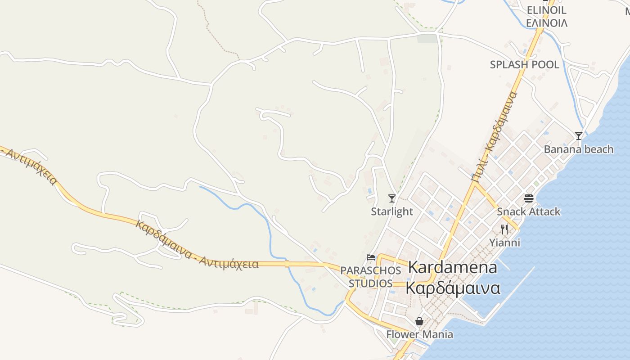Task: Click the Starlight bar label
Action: pyautogui.click(x=391, y=211)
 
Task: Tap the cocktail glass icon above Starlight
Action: pyautogui.click(x=392, y=198)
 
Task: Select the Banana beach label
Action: pyautogui.click(x=578, y=149)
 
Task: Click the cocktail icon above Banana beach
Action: pyautogui.click(x=579, y=135)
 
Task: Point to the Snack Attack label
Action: pyautogui.click(x=528, y=211)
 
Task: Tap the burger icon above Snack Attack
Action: pyautogui.click(x=528, y=198)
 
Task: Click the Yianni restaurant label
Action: pyautogui.click(x=504, y=243)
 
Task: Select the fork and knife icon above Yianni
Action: pyautogui.click(x=504, y=229)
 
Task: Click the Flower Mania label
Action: pyautogui.click(x=419, y=334)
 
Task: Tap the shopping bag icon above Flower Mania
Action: pyautogui.click(x=419, y=321)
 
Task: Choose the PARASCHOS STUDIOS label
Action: pyautogui.click(x=370, y=277)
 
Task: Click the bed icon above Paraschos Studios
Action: pyautogui.click(x=371, y=257)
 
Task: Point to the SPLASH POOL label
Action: pyautogui.click(x=524, y=65)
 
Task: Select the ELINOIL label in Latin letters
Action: pyautogui.click(x=546, y=10)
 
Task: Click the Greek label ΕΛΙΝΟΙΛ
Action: pyautogui.click(x=546, y=22)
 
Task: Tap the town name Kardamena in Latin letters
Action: pyautogui.click(x=452, y=267)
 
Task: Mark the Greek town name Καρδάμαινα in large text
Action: pyautogui.click(x=453, y=288)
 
